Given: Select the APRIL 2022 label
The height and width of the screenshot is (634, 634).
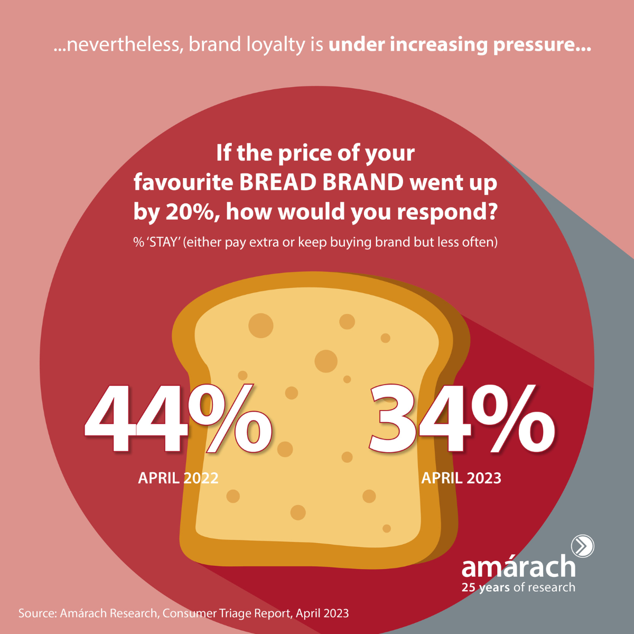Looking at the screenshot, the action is [178, 478].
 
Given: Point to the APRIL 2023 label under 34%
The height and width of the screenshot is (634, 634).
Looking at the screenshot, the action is [461, 478].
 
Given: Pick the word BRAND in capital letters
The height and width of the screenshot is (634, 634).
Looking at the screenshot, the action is [363, 182].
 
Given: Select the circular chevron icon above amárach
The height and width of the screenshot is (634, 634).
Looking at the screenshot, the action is [583, 546].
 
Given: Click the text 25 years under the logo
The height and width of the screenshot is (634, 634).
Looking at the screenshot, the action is [486, 588].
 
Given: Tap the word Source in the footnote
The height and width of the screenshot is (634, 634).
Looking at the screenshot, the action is [38, 613].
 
